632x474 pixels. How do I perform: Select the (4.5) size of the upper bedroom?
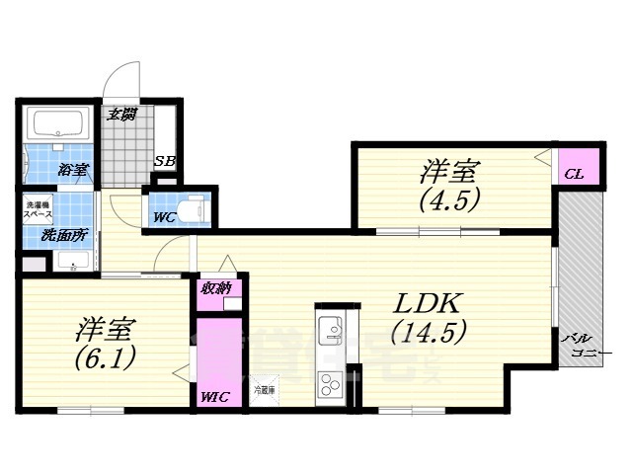tap(449, 200)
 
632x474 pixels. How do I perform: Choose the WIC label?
tap(214, 397)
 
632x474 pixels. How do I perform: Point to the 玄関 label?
tap(121, 115)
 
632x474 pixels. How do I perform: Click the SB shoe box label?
tap(165, 162)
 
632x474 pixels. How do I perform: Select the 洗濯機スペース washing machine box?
tap(39, 209)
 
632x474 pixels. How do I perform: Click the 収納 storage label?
tap(216, 288)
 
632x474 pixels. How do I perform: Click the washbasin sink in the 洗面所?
tap(73, 262)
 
